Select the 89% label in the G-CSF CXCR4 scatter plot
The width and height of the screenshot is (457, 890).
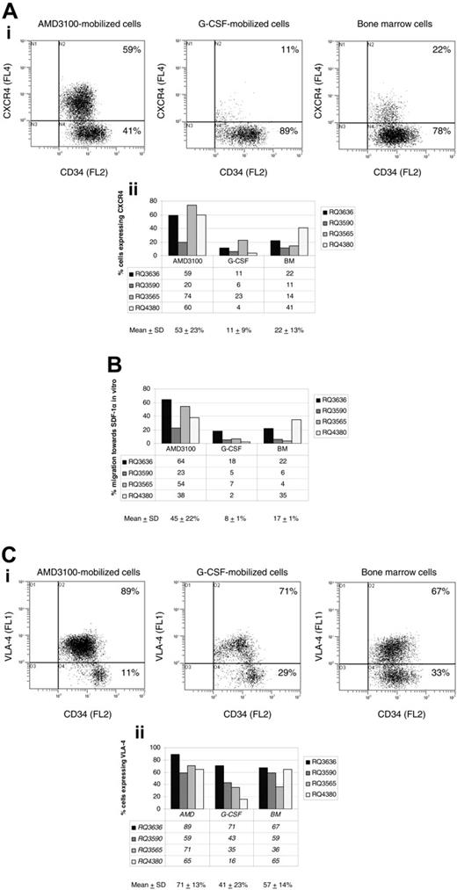coord(285,131)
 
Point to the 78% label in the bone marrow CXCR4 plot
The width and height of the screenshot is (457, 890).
coord(432,131)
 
